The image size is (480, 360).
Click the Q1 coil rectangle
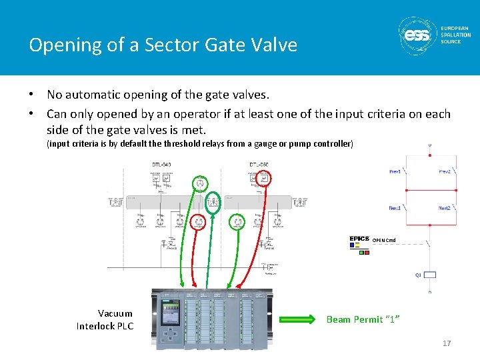click(x=431, y=274)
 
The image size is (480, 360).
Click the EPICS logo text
click(x=359, y=239)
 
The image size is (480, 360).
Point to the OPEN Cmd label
click(x=383, y=240)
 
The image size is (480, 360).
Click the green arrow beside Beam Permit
click(x=298, y=319)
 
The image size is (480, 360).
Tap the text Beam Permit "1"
click(x=363, y=319)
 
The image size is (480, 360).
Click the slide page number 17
click(x=447, y=343)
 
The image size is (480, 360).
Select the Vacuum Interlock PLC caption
click(x=105, y=319)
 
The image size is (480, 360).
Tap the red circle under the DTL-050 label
click(x=265, y=178)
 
